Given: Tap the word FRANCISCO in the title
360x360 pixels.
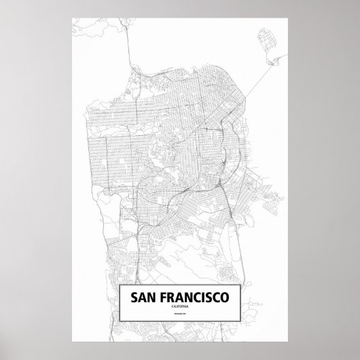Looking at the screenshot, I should [x=190, y=298].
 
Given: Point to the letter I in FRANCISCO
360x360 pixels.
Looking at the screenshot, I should [x=194, y=298].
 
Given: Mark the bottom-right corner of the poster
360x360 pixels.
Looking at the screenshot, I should [x=293, y=342].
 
